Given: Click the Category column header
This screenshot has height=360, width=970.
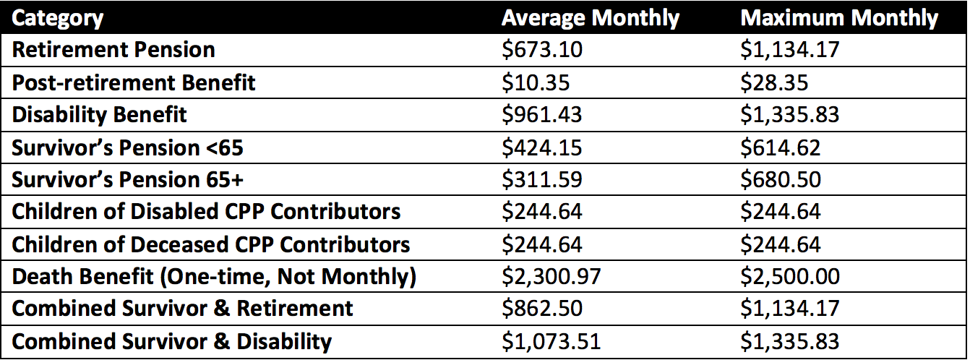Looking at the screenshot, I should (58, 18).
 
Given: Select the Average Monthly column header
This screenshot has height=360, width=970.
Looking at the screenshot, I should (591, 18).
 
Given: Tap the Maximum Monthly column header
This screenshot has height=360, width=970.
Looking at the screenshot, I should (839, 18).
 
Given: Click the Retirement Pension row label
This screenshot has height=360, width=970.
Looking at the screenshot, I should (113, 50).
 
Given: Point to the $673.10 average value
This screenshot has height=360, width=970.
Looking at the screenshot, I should (542, 50).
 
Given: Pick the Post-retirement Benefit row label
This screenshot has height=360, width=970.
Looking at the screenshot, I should (134, 82).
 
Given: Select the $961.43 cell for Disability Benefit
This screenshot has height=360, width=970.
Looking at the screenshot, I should (542, 115).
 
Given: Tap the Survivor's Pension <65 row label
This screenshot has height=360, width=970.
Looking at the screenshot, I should (128, 147).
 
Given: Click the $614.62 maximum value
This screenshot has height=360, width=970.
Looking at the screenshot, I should (781, 147).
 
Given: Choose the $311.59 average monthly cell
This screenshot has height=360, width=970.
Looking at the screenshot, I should (542, 180).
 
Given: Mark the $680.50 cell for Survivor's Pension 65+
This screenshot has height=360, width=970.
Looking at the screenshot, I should (781, 180).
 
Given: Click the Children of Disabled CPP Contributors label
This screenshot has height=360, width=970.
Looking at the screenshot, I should (206, 212).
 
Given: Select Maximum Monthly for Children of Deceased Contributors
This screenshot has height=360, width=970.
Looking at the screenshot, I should (781, 244).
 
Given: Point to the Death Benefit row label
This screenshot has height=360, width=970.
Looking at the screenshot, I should (214, 277).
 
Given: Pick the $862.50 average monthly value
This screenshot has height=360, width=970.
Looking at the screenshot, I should (542, 309).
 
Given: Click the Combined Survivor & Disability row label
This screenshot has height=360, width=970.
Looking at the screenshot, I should (172, 341).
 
